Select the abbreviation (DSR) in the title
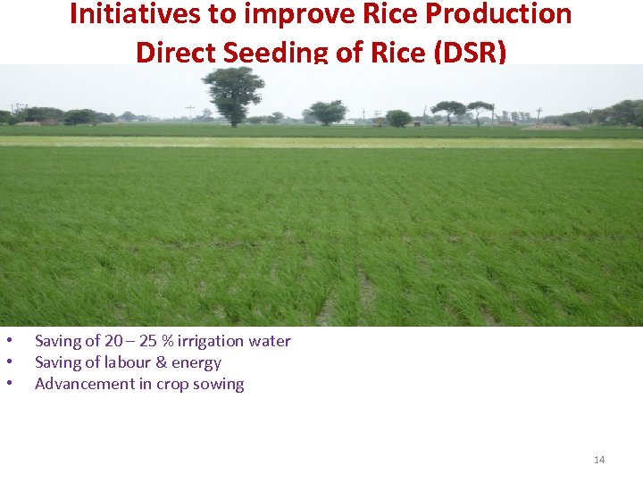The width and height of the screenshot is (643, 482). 469,52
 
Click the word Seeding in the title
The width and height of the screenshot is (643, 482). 276,52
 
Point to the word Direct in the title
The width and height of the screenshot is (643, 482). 176,52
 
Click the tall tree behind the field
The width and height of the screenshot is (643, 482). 234,94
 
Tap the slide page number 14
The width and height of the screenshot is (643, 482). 599,460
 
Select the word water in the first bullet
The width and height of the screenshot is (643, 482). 270,341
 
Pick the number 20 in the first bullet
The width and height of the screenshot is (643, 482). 113,341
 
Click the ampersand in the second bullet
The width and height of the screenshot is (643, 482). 163,362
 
